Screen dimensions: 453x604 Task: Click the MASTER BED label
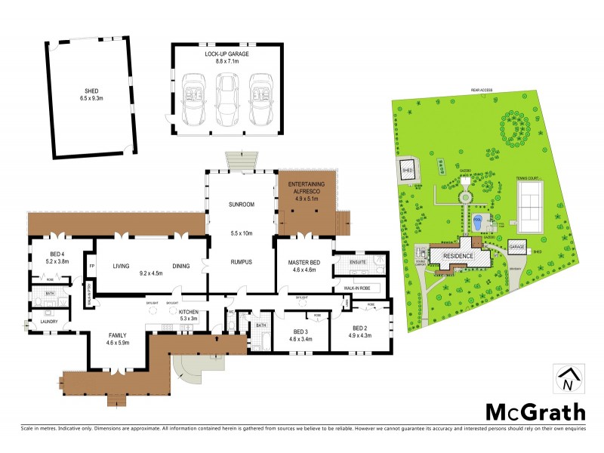click(305, 262)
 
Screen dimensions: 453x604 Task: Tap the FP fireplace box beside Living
click(91, 267)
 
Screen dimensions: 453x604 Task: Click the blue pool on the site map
click(476, 223)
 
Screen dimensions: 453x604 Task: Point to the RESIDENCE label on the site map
click(458, 257)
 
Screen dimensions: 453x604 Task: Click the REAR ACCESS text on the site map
click(481, 91)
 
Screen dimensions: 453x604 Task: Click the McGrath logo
click(535, 411)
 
